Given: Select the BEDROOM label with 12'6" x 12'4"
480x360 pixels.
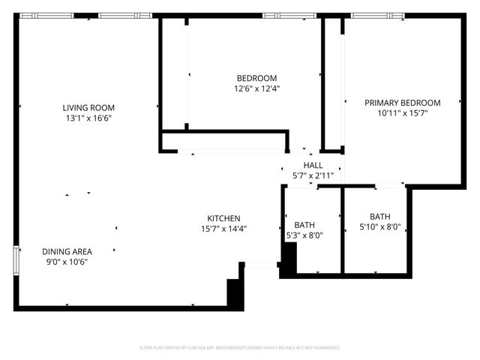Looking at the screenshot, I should click(256, 78).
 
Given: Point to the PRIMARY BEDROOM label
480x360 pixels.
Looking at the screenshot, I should click(402, 103).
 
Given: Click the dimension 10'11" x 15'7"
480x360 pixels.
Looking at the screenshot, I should click(402, 113).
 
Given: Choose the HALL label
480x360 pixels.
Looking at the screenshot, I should click(313, 166).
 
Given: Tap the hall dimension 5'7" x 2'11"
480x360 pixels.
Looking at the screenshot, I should click(313, 175).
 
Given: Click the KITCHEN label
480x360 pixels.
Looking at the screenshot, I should click(223, 218).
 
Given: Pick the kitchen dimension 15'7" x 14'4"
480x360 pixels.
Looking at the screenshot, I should click(223, 229).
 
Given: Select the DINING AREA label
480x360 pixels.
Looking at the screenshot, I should click(66, 251).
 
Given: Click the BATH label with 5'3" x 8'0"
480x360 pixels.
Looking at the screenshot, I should click(304, 225).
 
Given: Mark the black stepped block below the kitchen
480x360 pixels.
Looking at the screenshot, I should click(234, 290).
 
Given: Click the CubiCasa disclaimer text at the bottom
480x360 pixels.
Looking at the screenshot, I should click(240, 348).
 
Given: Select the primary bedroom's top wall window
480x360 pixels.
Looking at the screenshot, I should click(377, 15).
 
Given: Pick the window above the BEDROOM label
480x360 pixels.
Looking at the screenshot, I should click(289, 15).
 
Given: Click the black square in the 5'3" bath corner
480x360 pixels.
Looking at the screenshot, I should click(288, 259).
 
